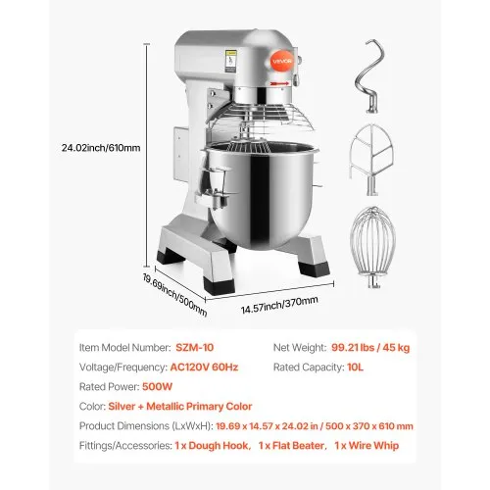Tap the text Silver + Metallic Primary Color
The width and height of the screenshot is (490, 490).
196,405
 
